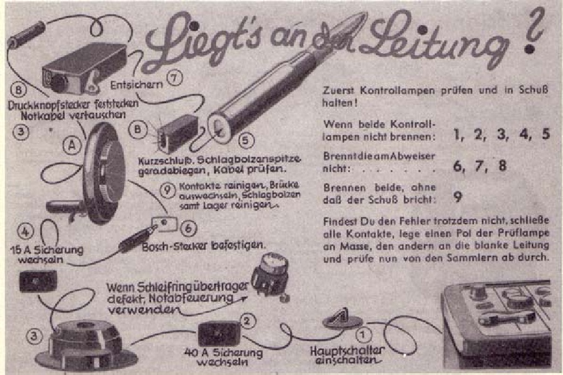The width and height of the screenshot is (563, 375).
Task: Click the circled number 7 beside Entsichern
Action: tap(175, 77)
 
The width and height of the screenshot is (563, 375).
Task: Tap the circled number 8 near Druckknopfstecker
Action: tap(18, 89)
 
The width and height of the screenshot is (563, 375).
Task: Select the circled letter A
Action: tap(72, 146)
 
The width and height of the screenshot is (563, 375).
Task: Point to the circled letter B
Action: tap(138, 129)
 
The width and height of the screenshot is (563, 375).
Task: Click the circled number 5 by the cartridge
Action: tap(246, 140)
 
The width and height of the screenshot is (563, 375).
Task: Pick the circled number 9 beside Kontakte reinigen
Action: tap(167, 190)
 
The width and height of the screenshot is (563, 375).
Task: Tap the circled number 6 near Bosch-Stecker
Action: tap(188, 228)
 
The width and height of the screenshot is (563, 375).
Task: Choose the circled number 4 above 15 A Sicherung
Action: tap(25, 231)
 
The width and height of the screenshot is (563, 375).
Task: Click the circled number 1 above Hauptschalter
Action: tap(363, 335)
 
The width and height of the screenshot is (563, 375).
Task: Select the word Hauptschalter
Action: tap(347, 350)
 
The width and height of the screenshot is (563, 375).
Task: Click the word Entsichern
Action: tap(137, 85)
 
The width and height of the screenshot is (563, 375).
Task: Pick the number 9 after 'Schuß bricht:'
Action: tap(458, 197)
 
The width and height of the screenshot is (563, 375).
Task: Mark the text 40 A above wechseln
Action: tap(196, 353)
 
